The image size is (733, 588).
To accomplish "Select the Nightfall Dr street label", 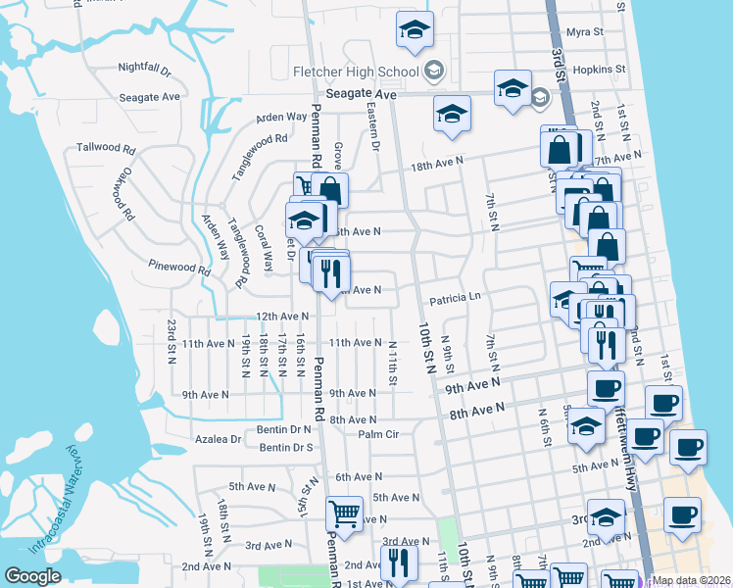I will [x=144, y=70].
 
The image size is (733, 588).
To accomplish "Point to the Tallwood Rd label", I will [x=105, y=148].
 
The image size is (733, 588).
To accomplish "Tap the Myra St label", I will [x=585, y=32].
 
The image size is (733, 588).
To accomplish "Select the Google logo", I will [x=32, y=576].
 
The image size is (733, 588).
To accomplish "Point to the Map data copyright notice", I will [x=690, y=580].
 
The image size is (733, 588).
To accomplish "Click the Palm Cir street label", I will [x=378, y=434].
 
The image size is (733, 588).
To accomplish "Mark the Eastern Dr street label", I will [x=372, y=126].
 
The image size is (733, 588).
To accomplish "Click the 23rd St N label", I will [x=171, y=339].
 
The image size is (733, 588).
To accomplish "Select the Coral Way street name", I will [x=264, y=249].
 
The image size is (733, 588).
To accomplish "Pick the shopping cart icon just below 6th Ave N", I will [x=344, y=514].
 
